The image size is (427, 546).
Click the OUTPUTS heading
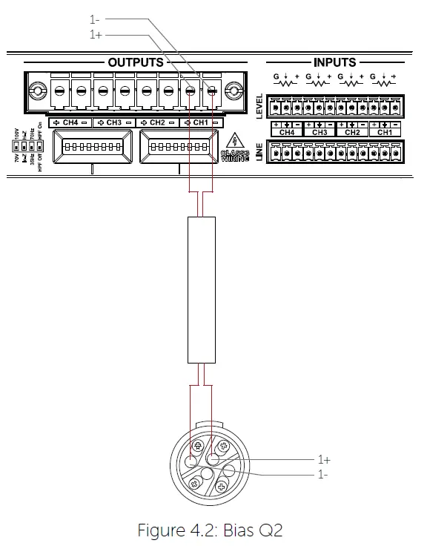click(136, 62)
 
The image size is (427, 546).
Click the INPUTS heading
click(335, 62)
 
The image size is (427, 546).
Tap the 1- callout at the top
click(95, 20)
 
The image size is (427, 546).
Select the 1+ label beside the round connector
click(324, 459)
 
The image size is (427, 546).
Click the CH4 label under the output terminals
click(70, 122)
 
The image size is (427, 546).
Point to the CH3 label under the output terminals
click(113, 122)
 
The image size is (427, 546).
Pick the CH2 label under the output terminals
click(157, 122)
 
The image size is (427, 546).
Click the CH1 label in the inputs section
click(385, 132)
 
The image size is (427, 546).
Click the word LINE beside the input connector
click(259, 154)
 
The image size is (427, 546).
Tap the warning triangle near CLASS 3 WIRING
click(236, 139)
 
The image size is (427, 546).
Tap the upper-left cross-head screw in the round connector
click(199, 447)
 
